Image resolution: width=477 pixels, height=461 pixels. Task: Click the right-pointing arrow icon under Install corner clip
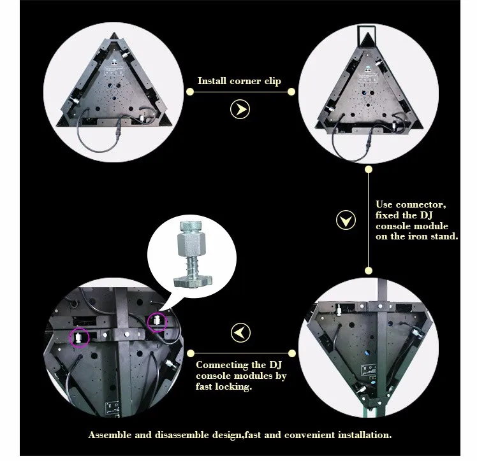pos(240,109)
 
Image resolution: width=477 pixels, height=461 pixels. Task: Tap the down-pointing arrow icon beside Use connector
pos(346,220)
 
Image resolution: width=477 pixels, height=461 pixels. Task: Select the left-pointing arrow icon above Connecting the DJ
pos(240,332)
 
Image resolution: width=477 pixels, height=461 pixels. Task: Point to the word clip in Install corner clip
pos(272,81)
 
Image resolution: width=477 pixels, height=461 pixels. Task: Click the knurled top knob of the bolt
pos(191,226)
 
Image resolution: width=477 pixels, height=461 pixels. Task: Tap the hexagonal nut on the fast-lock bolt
pos(191,243)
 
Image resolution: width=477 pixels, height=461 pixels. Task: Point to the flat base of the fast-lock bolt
pos(193,281)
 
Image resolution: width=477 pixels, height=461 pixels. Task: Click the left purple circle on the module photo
pos(79,337)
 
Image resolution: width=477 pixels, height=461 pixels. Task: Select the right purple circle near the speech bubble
pos(157,322)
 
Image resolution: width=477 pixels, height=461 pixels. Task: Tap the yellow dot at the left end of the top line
pos(190,92)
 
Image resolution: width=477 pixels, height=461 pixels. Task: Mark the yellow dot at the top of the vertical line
pos(369,169)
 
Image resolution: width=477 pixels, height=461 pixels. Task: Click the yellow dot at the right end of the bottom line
pos(291,353)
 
